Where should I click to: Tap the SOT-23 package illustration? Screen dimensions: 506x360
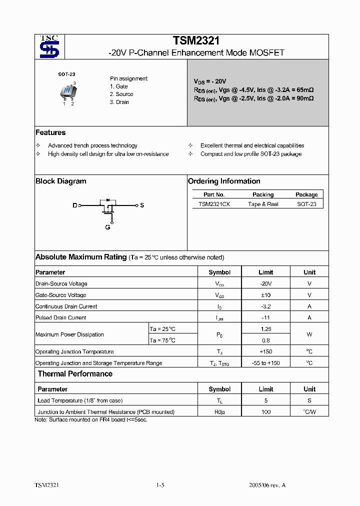click(x=67, y=91)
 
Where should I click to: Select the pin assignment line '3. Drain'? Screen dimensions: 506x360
click(x=119, y=102)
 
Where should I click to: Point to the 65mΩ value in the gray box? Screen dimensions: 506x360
click(x=304, y=90)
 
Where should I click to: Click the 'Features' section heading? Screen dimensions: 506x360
click(x=50, y=132)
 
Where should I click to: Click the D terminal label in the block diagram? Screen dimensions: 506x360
click(x=75, y=205)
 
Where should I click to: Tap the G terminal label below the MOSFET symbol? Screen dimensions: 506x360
click(x=107, y=227)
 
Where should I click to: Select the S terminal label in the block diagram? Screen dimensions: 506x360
click(x=142, y=205)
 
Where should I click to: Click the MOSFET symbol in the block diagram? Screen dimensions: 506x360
click(x=107, y=206)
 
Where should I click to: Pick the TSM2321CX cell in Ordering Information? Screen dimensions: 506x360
click(x=214, y=204)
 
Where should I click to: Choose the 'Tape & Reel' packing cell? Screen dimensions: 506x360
click(x=263, y=204)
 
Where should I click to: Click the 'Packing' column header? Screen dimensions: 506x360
click(x=263, y=194)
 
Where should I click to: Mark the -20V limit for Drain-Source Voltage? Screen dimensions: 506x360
click(x=266, y=283)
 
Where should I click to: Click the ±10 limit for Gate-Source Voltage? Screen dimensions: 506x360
click(x=266, y=295)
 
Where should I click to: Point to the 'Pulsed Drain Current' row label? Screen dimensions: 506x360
click(x=61, y=317)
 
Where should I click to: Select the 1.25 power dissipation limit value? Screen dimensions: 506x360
click(x=266, y=329)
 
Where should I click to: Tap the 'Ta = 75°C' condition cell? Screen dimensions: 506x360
click(x=163, y=340)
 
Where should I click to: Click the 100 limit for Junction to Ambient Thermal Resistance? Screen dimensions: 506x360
click(x=266, y=412)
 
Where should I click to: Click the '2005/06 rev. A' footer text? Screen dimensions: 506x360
click(x=267, y=485)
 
